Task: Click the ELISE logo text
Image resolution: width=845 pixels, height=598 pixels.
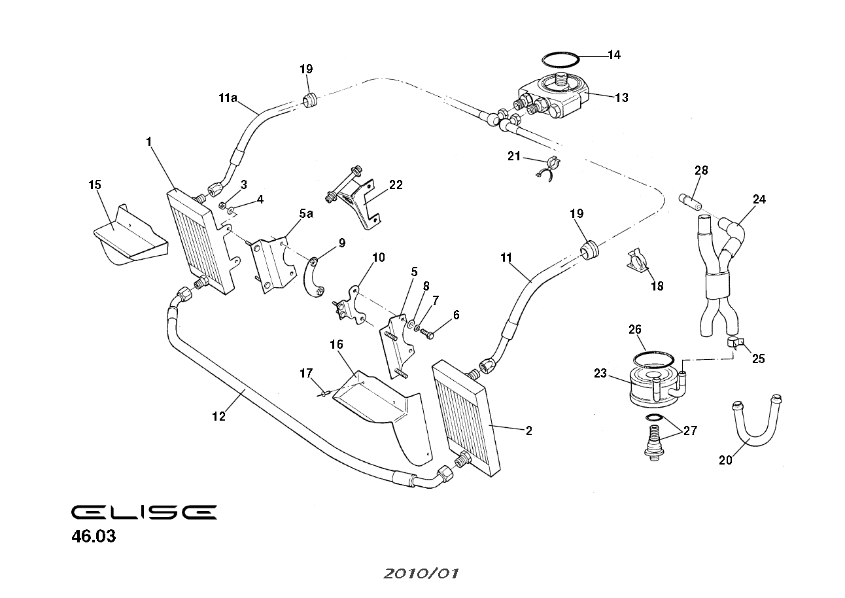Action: click(x=143, y=512)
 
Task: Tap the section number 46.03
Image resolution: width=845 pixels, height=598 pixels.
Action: click(x=94, y=537)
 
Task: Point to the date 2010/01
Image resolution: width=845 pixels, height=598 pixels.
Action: click(x=421, y=574)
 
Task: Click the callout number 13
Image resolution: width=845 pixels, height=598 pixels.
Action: click(x=621, y=97)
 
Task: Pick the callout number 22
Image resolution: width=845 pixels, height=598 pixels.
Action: click(x=396, y=185)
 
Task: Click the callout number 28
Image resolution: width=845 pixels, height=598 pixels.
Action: click(x=701, y=171)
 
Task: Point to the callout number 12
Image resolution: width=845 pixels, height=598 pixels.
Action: click(x=218, y=416)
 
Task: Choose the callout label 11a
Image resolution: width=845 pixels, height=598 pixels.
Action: click(x=227, y=99)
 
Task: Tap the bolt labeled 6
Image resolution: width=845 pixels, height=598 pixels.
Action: click(x=428, y=334)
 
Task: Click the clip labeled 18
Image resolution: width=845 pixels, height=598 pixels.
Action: click(x=639, y=262)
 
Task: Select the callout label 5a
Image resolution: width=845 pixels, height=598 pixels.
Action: click(x=305, y=213)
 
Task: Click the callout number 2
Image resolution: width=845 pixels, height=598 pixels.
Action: click(x=528, y=431)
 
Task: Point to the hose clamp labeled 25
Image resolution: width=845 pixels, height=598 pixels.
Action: click(x=733, y=343)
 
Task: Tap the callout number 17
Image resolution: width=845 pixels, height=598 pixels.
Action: click(x=306, y=374)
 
